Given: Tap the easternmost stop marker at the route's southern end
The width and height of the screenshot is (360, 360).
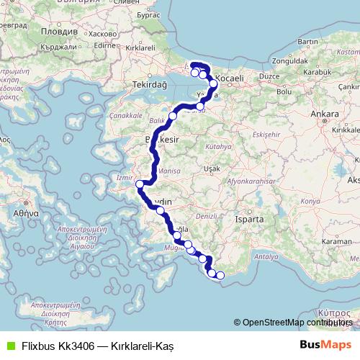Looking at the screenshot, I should pyautogui.click(x=221, y=274).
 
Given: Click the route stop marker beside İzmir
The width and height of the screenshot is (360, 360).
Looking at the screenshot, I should pyautogui.click(x=140, y=185).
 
